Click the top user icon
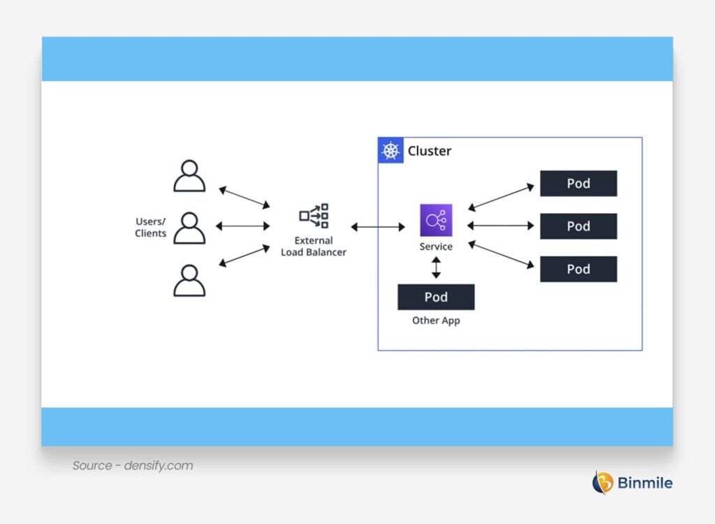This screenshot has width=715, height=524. [189, 176]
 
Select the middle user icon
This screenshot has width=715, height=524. [189, 228]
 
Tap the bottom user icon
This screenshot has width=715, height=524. [189, 280]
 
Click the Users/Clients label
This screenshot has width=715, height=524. [151, 228]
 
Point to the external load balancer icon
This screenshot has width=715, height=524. [314, 216]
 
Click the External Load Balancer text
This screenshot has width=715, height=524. [314, 247]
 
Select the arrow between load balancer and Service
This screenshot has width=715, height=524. [378, 227]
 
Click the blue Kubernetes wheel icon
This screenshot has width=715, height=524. [391, 151]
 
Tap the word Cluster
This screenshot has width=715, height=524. [429, 151]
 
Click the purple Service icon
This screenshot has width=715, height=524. [436, 220]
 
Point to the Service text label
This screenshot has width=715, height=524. [436, 247]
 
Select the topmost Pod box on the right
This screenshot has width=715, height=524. [578, 184]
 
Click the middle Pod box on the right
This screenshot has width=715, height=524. [578, 226]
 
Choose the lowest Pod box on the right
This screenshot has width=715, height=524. [578, 269]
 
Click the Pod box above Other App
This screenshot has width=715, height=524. [436, 297]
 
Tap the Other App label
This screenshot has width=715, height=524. [436, 321]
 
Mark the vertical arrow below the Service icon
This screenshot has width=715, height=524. [436, 268]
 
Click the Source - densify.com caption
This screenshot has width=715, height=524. [133, 465]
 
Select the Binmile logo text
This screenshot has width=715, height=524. [644, 482]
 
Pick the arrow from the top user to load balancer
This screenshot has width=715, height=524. [244, 197]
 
